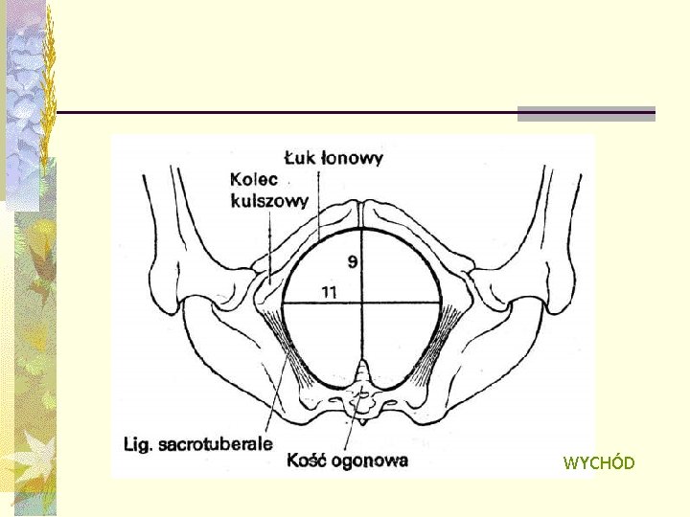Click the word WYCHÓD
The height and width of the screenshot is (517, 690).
[x=599, y=463]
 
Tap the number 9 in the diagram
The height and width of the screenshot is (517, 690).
[x=354, y=260]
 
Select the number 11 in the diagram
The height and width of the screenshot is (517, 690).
[x=329, y=293]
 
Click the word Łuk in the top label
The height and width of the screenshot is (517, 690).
[x=302, y=157]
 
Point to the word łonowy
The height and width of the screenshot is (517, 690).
[x=354, y=157]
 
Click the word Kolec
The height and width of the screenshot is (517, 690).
[x=254, y=179]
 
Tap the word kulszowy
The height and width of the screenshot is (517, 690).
[x=269, y=200]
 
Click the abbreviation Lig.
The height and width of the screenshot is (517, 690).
[x=142, y=444]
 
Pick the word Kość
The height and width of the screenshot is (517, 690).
[x=309, y=460]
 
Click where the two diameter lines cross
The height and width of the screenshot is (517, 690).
[x=362, y=303]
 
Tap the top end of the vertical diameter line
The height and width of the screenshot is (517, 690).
[x=362, y=230]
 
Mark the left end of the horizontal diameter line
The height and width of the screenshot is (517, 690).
[x=284, y=303]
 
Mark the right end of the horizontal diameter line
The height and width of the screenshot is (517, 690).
[x=441, y=303]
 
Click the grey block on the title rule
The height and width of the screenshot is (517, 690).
[x=586, y=113]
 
